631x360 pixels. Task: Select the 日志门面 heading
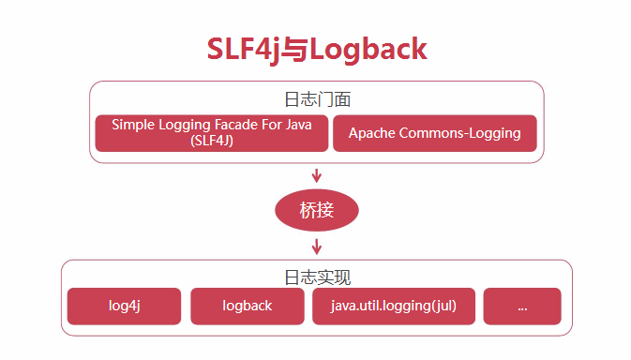click(x=317, y=99)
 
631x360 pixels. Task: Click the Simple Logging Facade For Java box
click(x=212, y=133)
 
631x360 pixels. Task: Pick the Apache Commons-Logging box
click(x=434, y=133)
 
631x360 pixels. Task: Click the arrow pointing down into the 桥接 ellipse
click(x=317, y=174)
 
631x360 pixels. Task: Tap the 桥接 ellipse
click(x=317, y=210)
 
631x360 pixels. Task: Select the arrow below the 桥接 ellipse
click(x=317, y=247)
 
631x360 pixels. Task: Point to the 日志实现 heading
click(x=317, y=277)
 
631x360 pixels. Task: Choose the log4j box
click(x=124, y=306)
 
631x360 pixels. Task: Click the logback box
click(x=248, y=306)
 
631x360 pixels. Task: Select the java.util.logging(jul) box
click(x=394, y=306)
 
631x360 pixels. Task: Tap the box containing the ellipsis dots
click(x=522, y=306)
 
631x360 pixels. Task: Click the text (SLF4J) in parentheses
click(x=212, y=141)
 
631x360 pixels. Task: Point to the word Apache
click(x=372, y=133)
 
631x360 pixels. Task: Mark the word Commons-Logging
click(x=459, y=133)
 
